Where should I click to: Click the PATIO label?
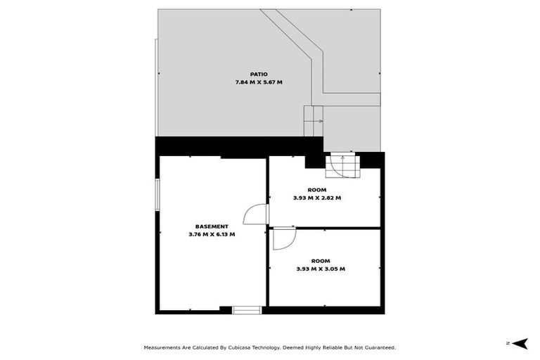[259, 75]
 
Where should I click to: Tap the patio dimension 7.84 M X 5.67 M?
[259, 82]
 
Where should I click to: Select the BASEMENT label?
[212, 226]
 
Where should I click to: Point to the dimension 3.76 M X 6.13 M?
[212, 234]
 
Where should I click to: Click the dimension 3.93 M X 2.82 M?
[317, 198]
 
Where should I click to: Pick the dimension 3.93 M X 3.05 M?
[321, 268]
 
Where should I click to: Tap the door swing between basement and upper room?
[257, 214]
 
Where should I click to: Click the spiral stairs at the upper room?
[342, 167]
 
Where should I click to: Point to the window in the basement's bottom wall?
[247, 309]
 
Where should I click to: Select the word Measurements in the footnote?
[164, 347]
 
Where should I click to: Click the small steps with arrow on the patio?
[313, 121]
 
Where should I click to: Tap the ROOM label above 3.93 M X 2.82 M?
[317, 190]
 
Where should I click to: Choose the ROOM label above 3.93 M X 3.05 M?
[321, 260]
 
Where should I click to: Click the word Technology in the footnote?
[264, 347]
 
